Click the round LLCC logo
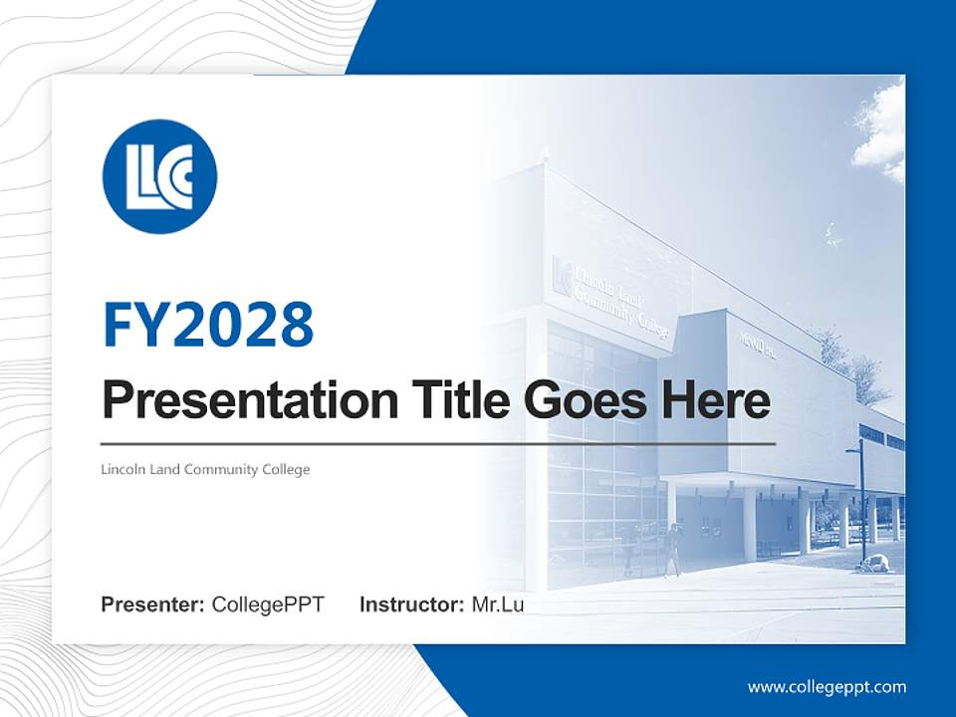[x=159, y=176]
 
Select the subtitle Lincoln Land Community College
[x=206, y=469]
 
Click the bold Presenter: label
[x=153, y=604]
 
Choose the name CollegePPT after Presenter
[x=268, y=604]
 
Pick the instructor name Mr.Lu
[x=498, y=604]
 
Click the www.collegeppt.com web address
[x=827, y=686]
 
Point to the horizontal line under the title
[x=438, y=443]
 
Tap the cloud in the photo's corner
[x=880, y=129]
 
